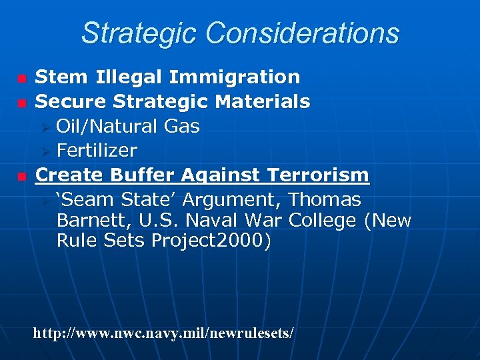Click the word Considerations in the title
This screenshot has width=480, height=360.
tap(303, 33)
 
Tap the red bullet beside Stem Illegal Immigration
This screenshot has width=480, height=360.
tap(22, 79)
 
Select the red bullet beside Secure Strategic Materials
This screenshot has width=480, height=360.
tap(22, 103)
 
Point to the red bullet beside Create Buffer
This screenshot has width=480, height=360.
tap(22, 177)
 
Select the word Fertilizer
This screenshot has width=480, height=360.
tap(97, 151)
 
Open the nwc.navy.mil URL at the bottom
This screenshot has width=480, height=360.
tap(163, 332)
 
